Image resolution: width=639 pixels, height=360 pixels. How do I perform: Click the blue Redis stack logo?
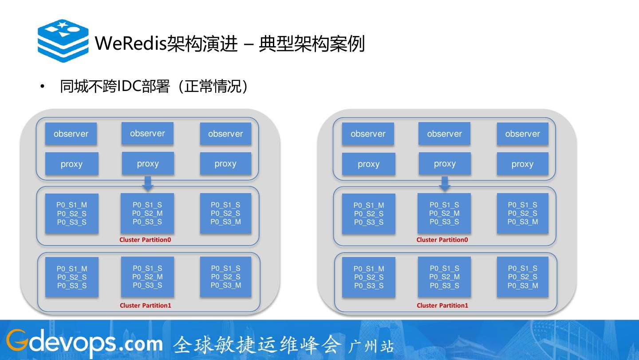coord(63,41)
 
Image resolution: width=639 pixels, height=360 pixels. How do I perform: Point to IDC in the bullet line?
coord(129,87)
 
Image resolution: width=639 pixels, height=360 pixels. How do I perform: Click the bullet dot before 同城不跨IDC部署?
coord(43,87)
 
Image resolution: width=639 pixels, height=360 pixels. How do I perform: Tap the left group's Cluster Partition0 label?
coord(145,240)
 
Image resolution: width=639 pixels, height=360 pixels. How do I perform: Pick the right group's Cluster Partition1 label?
coord(442,305)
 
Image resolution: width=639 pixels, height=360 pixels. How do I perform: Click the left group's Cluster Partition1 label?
coord(145,305)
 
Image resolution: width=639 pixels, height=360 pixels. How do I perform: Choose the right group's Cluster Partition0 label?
coord(442,240)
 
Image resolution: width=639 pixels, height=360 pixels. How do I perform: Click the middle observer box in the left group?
coord(147,133)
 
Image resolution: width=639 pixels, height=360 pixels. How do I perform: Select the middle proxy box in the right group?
coord(445,163)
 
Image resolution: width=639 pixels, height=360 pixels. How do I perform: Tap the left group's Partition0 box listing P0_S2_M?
coord(147,213)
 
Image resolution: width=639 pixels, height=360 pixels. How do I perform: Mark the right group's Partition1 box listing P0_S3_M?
coord(523,277)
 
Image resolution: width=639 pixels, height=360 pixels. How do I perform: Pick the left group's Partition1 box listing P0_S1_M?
coord(72,277)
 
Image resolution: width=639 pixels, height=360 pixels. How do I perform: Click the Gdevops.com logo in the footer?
coord(84,343)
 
